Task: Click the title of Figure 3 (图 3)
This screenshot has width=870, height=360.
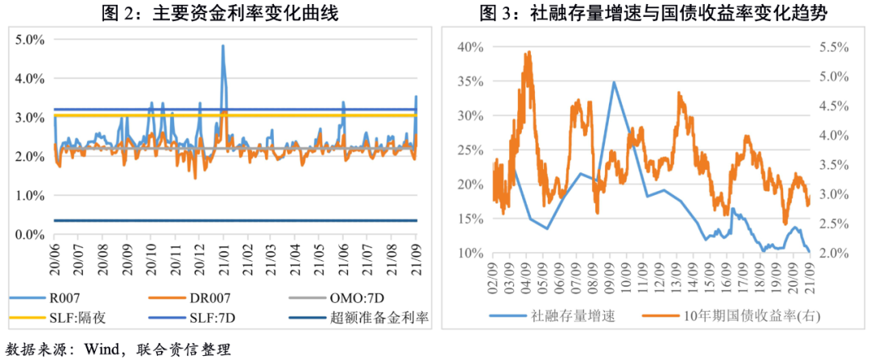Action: tap(653, 13)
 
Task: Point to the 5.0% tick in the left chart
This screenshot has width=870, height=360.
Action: tap(30, 39)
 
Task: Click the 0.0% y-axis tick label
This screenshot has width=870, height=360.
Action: tap(30, 234)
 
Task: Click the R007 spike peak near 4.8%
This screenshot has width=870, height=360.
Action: tap(222, 46)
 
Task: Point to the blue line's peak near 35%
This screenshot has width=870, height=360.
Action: tap(614, 81)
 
